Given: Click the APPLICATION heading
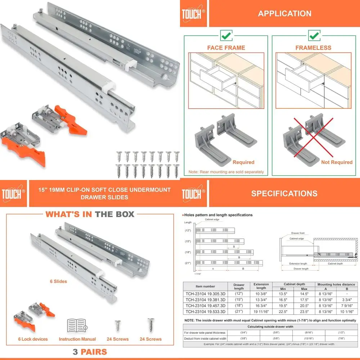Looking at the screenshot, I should click(284, 14).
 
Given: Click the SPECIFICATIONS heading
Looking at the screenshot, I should click(284, 193).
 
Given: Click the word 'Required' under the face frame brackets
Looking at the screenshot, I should click(243, 162).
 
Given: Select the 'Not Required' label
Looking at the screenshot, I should click(337, 162).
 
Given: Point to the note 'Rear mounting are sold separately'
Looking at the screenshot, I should click(226, 172).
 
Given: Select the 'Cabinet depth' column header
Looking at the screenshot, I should click(295, 284).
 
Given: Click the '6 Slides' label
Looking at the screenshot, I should click(58, 281).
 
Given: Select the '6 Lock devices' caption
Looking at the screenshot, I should click(33, 339).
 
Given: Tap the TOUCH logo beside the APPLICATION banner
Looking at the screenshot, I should click(193, 13).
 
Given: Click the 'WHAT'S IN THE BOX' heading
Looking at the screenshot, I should click(90, 214).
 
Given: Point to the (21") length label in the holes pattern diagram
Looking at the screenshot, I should click(188, 264).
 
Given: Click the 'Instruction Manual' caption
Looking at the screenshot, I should click(77, 339).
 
